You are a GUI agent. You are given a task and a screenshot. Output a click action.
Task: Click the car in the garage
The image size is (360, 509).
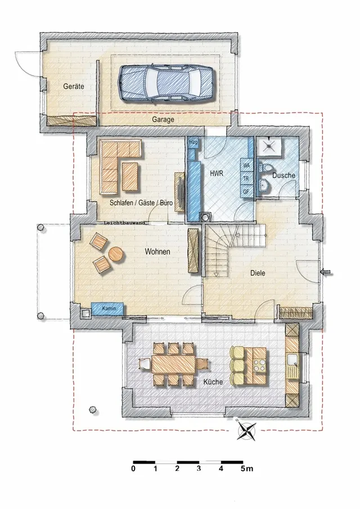(x=165, y=83)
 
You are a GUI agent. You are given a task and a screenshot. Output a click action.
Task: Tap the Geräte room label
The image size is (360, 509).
(x=74, y=87)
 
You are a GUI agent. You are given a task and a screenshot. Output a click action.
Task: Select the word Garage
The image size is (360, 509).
(x=163, y=119)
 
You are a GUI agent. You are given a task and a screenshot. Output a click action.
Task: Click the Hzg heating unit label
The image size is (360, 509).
(x=193, y=142)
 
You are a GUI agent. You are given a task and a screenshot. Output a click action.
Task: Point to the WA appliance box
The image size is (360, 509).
(x=246, y=165)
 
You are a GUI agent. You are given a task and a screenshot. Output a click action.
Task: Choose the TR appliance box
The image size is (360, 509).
(x=246, y=178)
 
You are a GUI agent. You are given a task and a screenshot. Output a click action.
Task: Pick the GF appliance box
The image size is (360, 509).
(x=246, y=192)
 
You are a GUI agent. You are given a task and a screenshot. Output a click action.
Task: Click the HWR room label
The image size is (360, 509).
(x=217, y=173)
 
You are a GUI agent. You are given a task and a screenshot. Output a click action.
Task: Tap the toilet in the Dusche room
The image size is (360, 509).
(x=265, y=168)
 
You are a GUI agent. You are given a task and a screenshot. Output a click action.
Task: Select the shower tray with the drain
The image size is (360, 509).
(x=269, y=146)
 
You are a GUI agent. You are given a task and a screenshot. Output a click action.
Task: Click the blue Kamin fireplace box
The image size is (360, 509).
(x=107, y=308)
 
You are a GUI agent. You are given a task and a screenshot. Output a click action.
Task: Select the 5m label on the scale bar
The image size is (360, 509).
(x=247, y=469)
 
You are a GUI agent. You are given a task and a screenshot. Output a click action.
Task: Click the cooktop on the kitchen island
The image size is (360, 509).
(x=259, y=365)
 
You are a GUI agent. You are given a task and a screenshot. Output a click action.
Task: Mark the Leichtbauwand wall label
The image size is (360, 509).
(x=125, y=223)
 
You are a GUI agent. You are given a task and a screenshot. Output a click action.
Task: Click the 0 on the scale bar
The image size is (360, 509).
(x=133, y=469)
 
